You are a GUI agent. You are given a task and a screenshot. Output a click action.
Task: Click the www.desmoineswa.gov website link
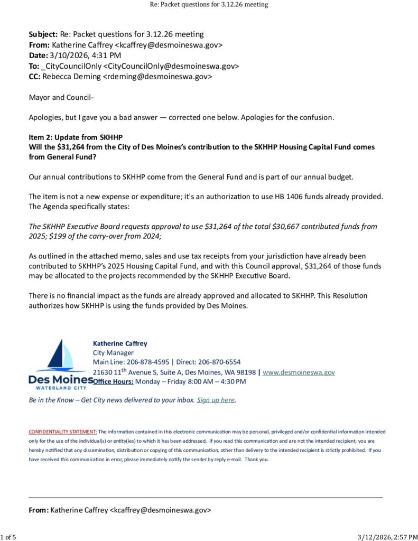pos(299,372)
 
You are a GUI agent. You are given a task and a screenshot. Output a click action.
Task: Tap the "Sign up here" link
pos(216,400)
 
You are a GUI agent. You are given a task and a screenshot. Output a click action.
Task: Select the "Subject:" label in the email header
pos(43,34)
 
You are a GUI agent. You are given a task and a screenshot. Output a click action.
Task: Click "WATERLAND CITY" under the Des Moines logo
pos(58,387)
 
